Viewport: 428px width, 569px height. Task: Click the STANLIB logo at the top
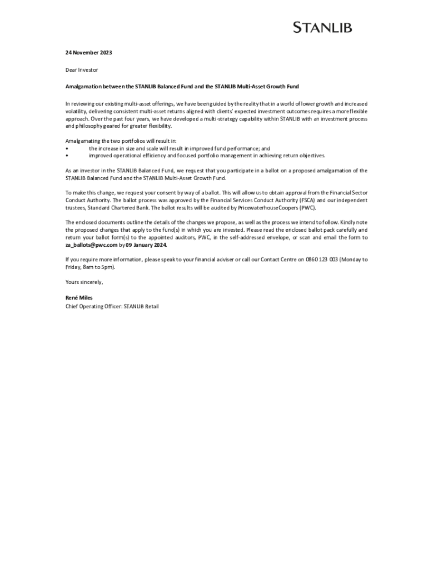click(x=322, y=27)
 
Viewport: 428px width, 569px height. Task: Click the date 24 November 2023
click(x=89, y=53)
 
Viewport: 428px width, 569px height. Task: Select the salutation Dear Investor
click(x=82, y=70)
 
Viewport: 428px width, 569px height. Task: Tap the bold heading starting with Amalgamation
click(x=182, y=87)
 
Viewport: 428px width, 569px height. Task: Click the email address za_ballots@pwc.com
click(x=92, y=244)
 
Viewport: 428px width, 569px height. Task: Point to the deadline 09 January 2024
click(x=146, y=244)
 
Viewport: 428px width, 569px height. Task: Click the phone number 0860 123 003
click(x=321, y=259)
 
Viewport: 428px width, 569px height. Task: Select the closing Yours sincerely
click(x=84, y=282)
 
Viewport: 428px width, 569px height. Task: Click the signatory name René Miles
click(x=79, y=298)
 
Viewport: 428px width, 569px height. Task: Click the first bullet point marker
click(x=67, y=149)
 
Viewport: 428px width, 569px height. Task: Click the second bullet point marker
click(x=67, y=156)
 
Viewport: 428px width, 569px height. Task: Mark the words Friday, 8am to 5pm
click(x=90, y=267)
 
